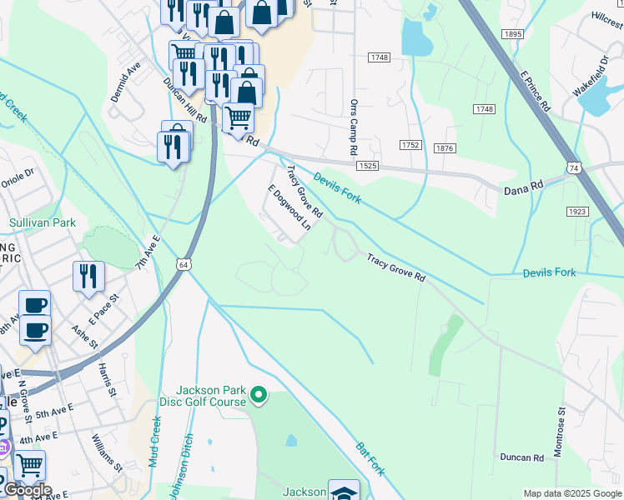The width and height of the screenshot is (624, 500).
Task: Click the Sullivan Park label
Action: (x=43, y=222)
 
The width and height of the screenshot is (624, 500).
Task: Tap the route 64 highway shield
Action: (x=182, y=264)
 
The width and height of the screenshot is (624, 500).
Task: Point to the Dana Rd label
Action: (x=524, y=190)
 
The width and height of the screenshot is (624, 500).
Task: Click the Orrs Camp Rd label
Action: (x=354, y=127)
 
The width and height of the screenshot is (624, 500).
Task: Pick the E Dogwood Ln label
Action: (x=289, y=207)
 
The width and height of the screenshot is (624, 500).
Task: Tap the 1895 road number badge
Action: (x=512, y=34)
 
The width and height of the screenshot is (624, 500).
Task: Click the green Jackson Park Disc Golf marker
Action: (x=259, y=394)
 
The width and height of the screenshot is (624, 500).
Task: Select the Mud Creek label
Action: (x=155, y=442)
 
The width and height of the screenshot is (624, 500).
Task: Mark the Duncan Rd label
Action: (x=522, y=457)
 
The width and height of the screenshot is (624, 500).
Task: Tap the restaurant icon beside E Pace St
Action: (x=88, y=276)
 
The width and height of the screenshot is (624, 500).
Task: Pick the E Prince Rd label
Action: (x=535, y=91)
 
